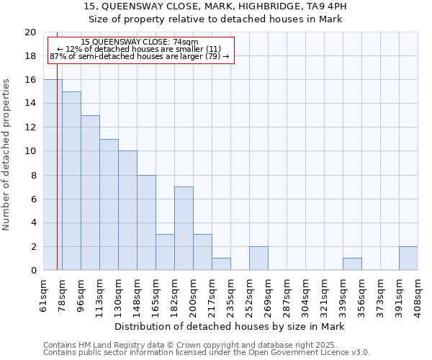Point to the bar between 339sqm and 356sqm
(352, 264)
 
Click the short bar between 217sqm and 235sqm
(221, 264)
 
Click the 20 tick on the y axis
(30, 32)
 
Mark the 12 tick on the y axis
(30, 127)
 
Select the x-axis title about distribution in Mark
(230, 327)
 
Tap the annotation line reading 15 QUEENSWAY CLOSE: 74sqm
(140, 42)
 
